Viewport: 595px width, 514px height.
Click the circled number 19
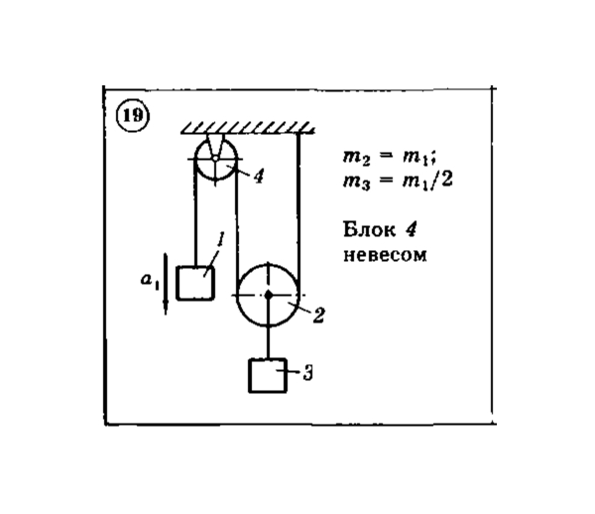point(133,115)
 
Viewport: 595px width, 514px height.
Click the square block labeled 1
point(195,283)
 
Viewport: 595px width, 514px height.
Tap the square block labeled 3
point(268,375)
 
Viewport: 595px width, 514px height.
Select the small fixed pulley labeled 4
point(215,159)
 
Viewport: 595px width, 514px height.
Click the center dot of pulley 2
point(269,294)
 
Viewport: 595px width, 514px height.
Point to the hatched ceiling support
point(247,128)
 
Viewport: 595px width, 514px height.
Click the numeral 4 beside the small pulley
point(259,177)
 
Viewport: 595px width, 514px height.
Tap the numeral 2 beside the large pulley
point(318,316)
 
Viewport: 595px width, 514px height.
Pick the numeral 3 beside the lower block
point(308,373)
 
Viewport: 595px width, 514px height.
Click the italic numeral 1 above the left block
point(219,239)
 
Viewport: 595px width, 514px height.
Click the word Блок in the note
point(369,229)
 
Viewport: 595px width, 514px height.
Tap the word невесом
point(385,255)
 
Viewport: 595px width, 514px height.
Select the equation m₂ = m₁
point(389,157)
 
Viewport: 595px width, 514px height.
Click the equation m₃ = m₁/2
point(398,181)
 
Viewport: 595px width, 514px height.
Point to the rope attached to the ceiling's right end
point(298,212)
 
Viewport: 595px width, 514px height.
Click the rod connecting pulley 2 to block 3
point(269,341)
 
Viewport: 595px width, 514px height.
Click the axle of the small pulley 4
point(215,158)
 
